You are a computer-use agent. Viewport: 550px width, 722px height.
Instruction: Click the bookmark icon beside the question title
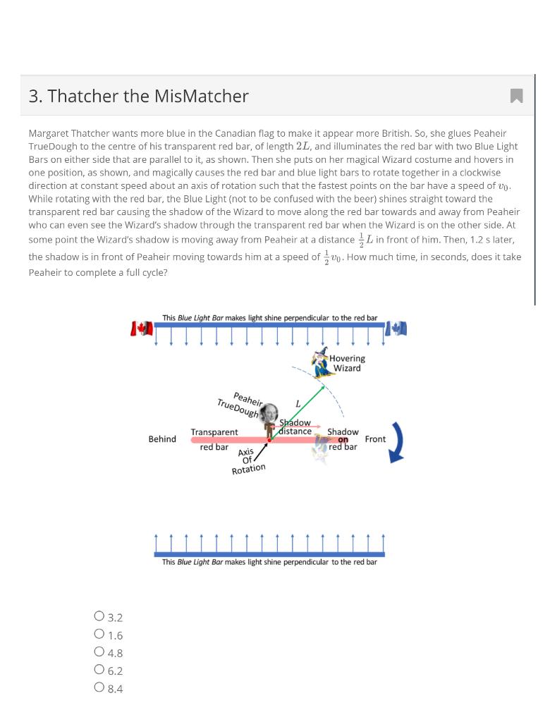(516, 96)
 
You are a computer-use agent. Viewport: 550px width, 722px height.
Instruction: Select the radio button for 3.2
(99, 617)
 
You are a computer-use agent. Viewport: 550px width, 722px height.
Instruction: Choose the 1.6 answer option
(99, 635)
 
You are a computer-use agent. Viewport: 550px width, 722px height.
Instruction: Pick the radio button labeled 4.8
(99, 652)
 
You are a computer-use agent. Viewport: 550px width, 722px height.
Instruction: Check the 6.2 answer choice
(99, 671)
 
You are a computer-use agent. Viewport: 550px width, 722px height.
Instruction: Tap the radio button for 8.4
(99, 688)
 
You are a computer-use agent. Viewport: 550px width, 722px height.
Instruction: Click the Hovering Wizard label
(346, 363)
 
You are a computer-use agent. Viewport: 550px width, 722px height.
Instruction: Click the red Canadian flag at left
(142, 329)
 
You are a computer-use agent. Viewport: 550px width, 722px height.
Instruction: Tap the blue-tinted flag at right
(397, 329)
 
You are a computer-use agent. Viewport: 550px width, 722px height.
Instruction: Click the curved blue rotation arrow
(397, 442)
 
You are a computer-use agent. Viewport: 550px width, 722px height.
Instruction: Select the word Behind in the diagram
(162, 439)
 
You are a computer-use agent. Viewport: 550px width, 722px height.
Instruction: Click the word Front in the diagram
(375, 439)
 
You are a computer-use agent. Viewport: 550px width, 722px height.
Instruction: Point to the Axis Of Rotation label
(248, 461)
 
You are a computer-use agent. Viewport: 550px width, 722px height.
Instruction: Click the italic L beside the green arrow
(298, 403)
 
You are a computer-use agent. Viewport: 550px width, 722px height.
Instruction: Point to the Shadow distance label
(295, 427)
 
